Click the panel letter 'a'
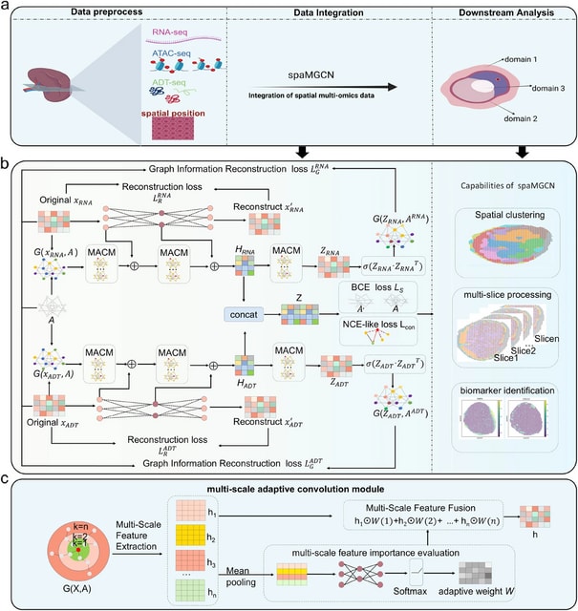tap(8, 8)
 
